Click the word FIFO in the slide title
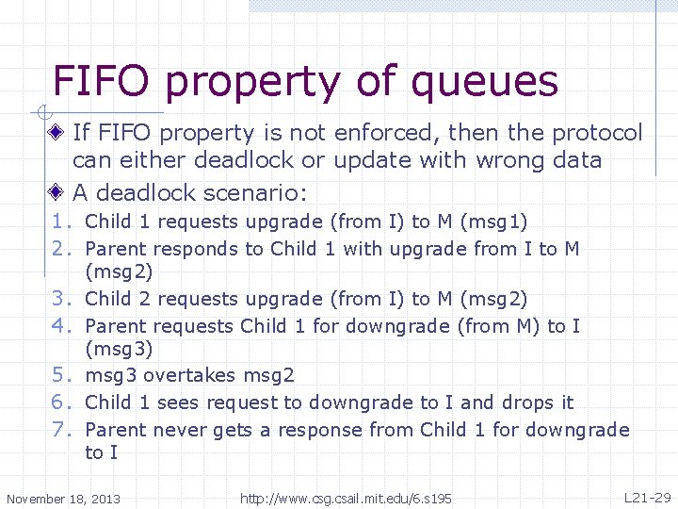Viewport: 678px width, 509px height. coord(101,82)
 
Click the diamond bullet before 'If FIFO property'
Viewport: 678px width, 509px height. coord(58,133)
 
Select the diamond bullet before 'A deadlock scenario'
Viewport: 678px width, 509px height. coord(58,192)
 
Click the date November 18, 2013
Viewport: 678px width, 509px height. coord(63,499)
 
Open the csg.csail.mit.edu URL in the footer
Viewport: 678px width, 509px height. coord(346,498)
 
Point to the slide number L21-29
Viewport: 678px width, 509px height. coord(647,497)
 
